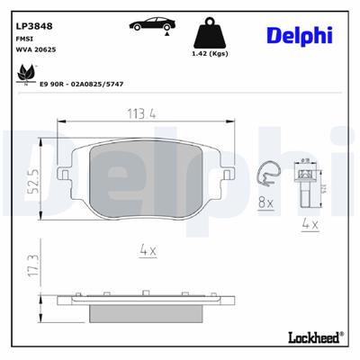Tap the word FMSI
point(24,40)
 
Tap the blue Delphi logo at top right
point(300,34)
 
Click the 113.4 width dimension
point(143,113)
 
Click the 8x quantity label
point(265,205)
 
